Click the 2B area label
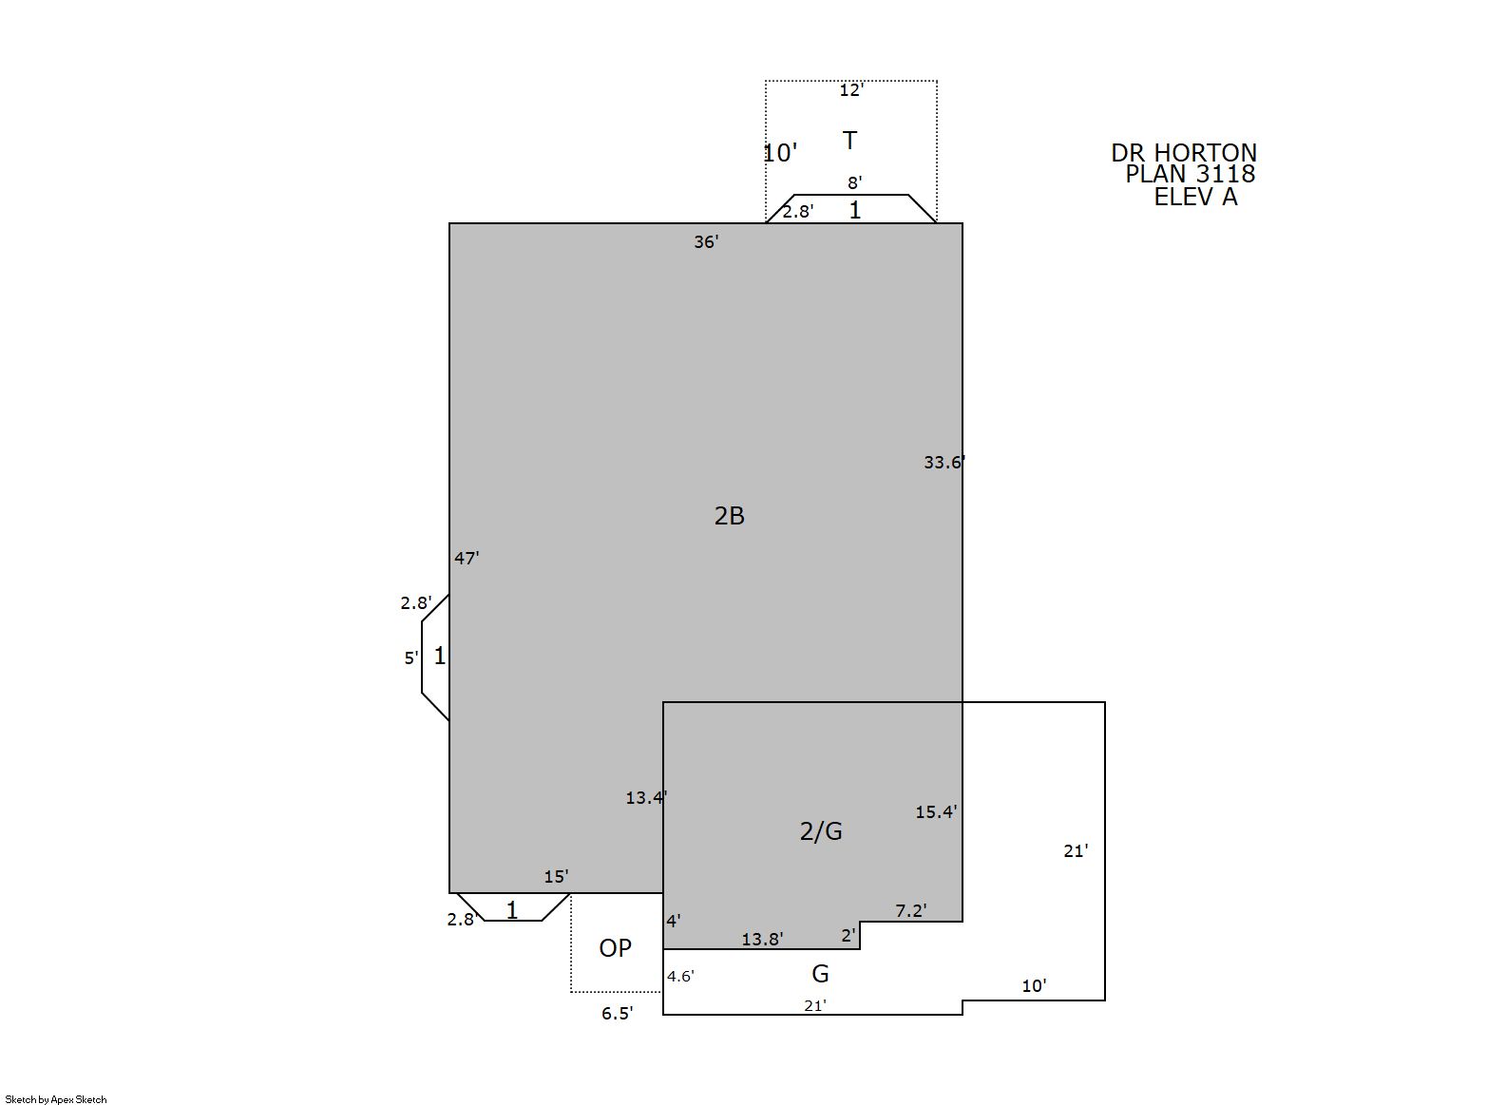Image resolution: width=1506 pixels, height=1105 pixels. [x=729, y=516]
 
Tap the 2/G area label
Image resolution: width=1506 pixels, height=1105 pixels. [x=820, y=831]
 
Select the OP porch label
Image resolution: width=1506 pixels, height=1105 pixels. [x=615, y=947]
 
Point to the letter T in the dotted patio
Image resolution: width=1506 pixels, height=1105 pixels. [x=849, y=141]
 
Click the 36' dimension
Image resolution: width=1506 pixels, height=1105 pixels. [x=707, y=242]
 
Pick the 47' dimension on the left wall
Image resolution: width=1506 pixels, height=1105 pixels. [x=467, y=558]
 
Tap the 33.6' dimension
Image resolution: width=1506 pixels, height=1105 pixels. [x=944, y=463]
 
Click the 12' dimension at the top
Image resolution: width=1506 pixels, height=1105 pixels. [x=851, y=90]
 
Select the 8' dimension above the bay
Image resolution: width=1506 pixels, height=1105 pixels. [x=854, y=182]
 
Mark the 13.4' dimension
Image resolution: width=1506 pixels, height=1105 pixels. [x=646, y=798]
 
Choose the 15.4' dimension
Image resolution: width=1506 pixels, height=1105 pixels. [x=936, y=812]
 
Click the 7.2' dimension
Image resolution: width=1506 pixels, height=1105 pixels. [x=911, y=911]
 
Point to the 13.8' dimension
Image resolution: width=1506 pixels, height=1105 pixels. [x=762, y=939]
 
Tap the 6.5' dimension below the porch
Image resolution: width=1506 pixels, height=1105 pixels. [x=618, y=1014]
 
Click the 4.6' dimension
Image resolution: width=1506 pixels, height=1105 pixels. [x=680, y=976]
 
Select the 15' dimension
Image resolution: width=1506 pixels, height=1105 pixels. [x=556, y=876]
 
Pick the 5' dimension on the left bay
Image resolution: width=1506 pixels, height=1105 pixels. [x=410, y=658]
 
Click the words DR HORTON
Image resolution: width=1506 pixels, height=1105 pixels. [x=1184, y=153]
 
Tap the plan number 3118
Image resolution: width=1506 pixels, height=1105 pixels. [x=1226, y=174]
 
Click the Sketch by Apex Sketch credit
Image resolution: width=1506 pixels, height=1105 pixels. [x=56, y=1099]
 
